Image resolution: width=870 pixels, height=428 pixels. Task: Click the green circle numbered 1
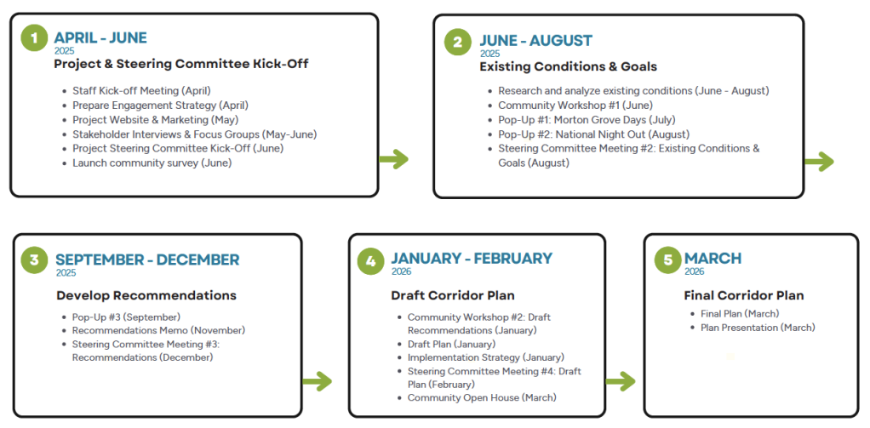35,39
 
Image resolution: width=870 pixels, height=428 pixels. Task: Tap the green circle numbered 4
370,261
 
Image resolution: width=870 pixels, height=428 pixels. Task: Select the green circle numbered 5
667,260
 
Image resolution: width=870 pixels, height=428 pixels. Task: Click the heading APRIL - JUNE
100,37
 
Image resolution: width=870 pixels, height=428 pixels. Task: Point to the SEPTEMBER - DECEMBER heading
147,260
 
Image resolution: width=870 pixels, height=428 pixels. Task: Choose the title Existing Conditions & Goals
568,67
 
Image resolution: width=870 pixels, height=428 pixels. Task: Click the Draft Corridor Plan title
446,296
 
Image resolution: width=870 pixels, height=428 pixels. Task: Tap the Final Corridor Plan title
743,295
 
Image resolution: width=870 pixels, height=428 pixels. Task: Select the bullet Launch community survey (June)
152,163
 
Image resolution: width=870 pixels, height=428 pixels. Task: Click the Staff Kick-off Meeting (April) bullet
141,90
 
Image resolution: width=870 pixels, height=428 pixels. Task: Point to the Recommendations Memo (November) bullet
158,330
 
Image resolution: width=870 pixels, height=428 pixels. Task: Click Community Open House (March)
482,397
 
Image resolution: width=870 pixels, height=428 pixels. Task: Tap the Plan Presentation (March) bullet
758,328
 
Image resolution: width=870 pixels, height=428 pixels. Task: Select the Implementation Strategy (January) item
485,357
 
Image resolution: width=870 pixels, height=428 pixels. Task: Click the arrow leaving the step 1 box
394,160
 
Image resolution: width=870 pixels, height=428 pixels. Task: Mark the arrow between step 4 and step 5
621,381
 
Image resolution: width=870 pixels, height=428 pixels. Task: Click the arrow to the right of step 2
819,162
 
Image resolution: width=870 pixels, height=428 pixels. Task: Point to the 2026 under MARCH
694,271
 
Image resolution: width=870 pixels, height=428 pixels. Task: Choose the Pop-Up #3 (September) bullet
126,317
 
